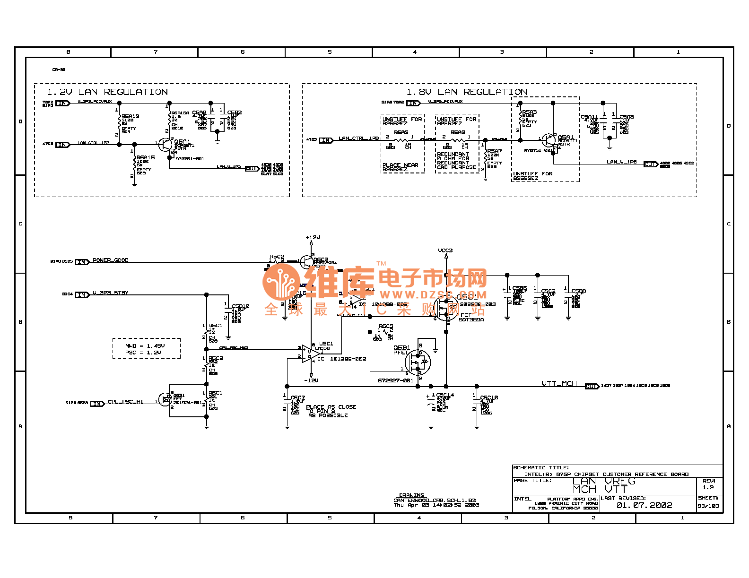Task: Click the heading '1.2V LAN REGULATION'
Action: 107,92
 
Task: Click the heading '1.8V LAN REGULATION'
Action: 467,92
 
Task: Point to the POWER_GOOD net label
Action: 110,260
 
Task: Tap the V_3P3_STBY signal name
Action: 110,293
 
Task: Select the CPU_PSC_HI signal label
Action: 125,402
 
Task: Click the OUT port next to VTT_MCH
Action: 592,386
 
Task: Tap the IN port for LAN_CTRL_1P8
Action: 326,140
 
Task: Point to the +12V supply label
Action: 313,237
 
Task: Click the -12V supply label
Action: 311,380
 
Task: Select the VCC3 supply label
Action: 445,250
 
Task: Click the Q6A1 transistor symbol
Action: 165,144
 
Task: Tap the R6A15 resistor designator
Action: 146,157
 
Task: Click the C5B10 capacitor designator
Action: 240,306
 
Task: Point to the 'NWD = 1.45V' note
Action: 145,346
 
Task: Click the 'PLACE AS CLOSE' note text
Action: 331,407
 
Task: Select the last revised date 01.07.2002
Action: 644,505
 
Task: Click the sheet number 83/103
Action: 708,506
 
